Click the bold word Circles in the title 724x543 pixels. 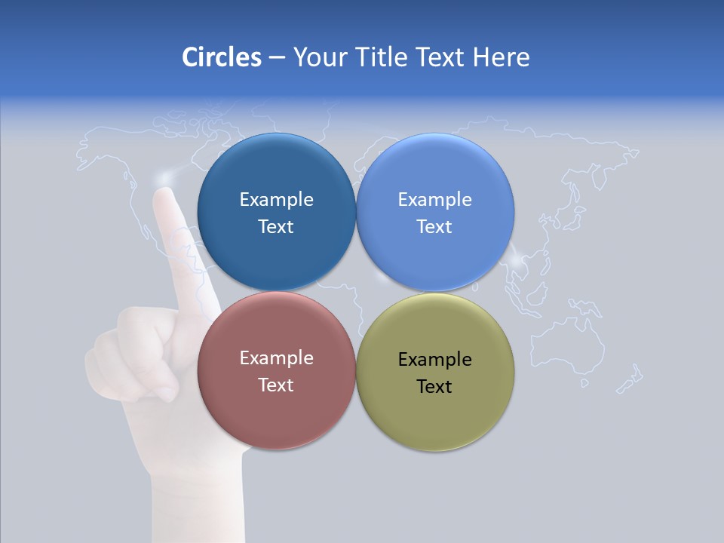coord(222,57)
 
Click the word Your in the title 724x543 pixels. coord(315,57)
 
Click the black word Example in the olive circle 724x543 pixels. coord(435,360)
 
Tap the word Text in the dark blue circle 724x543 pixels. coord(276,227)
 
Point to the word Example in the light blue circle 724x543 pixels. coord(435,200)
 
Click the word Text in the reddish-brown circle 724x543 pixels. coord(276,385)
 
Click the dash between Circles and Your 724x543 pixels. coord(277,57)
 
